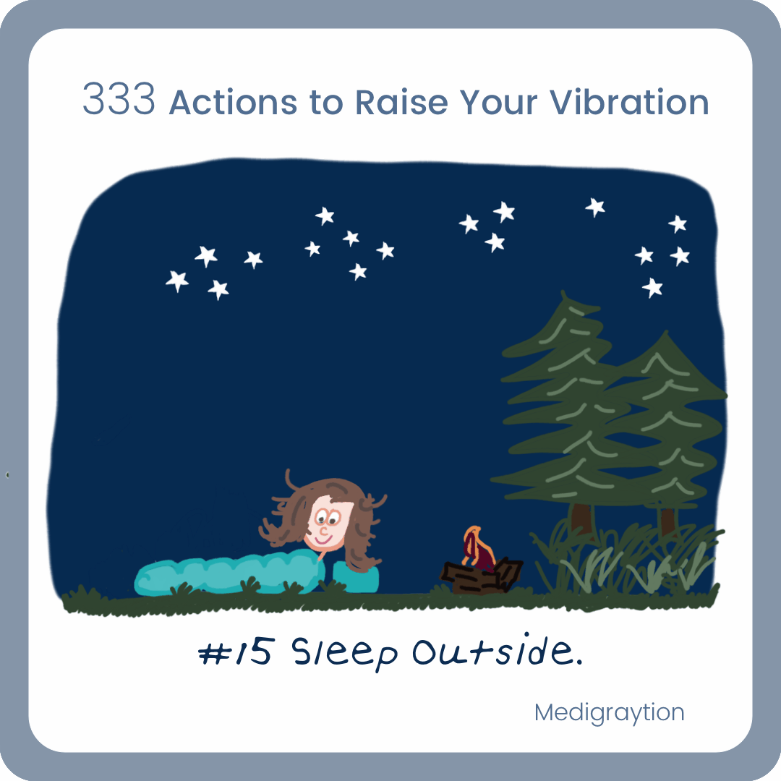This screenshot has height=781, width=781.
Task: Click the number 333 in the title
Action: click(119, 99)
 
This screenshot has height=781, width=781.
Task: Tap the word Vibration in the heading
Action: click(629, 102)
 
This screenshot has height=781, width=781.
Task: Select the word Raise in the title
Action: click(401, 102)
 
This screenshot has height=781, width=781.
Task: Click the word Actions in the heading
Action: click(233, 102)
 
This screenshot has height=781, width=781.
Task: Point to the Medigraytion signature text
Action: click(609, 713)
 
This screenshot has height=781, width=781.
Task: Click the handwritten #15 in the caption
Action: click(236, 652)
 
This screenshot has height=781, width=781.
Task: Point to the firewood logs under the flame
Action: click(481, 577)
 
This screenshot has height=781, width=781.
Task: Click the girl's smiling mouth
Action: click(323, 539)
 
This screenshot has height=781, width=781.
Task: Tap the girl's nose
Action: click(323, 531)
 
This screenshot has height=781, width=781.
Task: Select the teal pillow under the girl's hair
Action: click(354, 578)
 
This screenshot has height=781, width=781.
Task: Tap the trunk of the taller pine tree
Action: click(581, 521)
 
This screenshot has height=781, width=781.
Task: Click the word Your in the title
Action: click(498, 102)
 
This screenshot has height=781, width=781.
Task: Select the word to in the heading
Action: click(326, 103)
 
